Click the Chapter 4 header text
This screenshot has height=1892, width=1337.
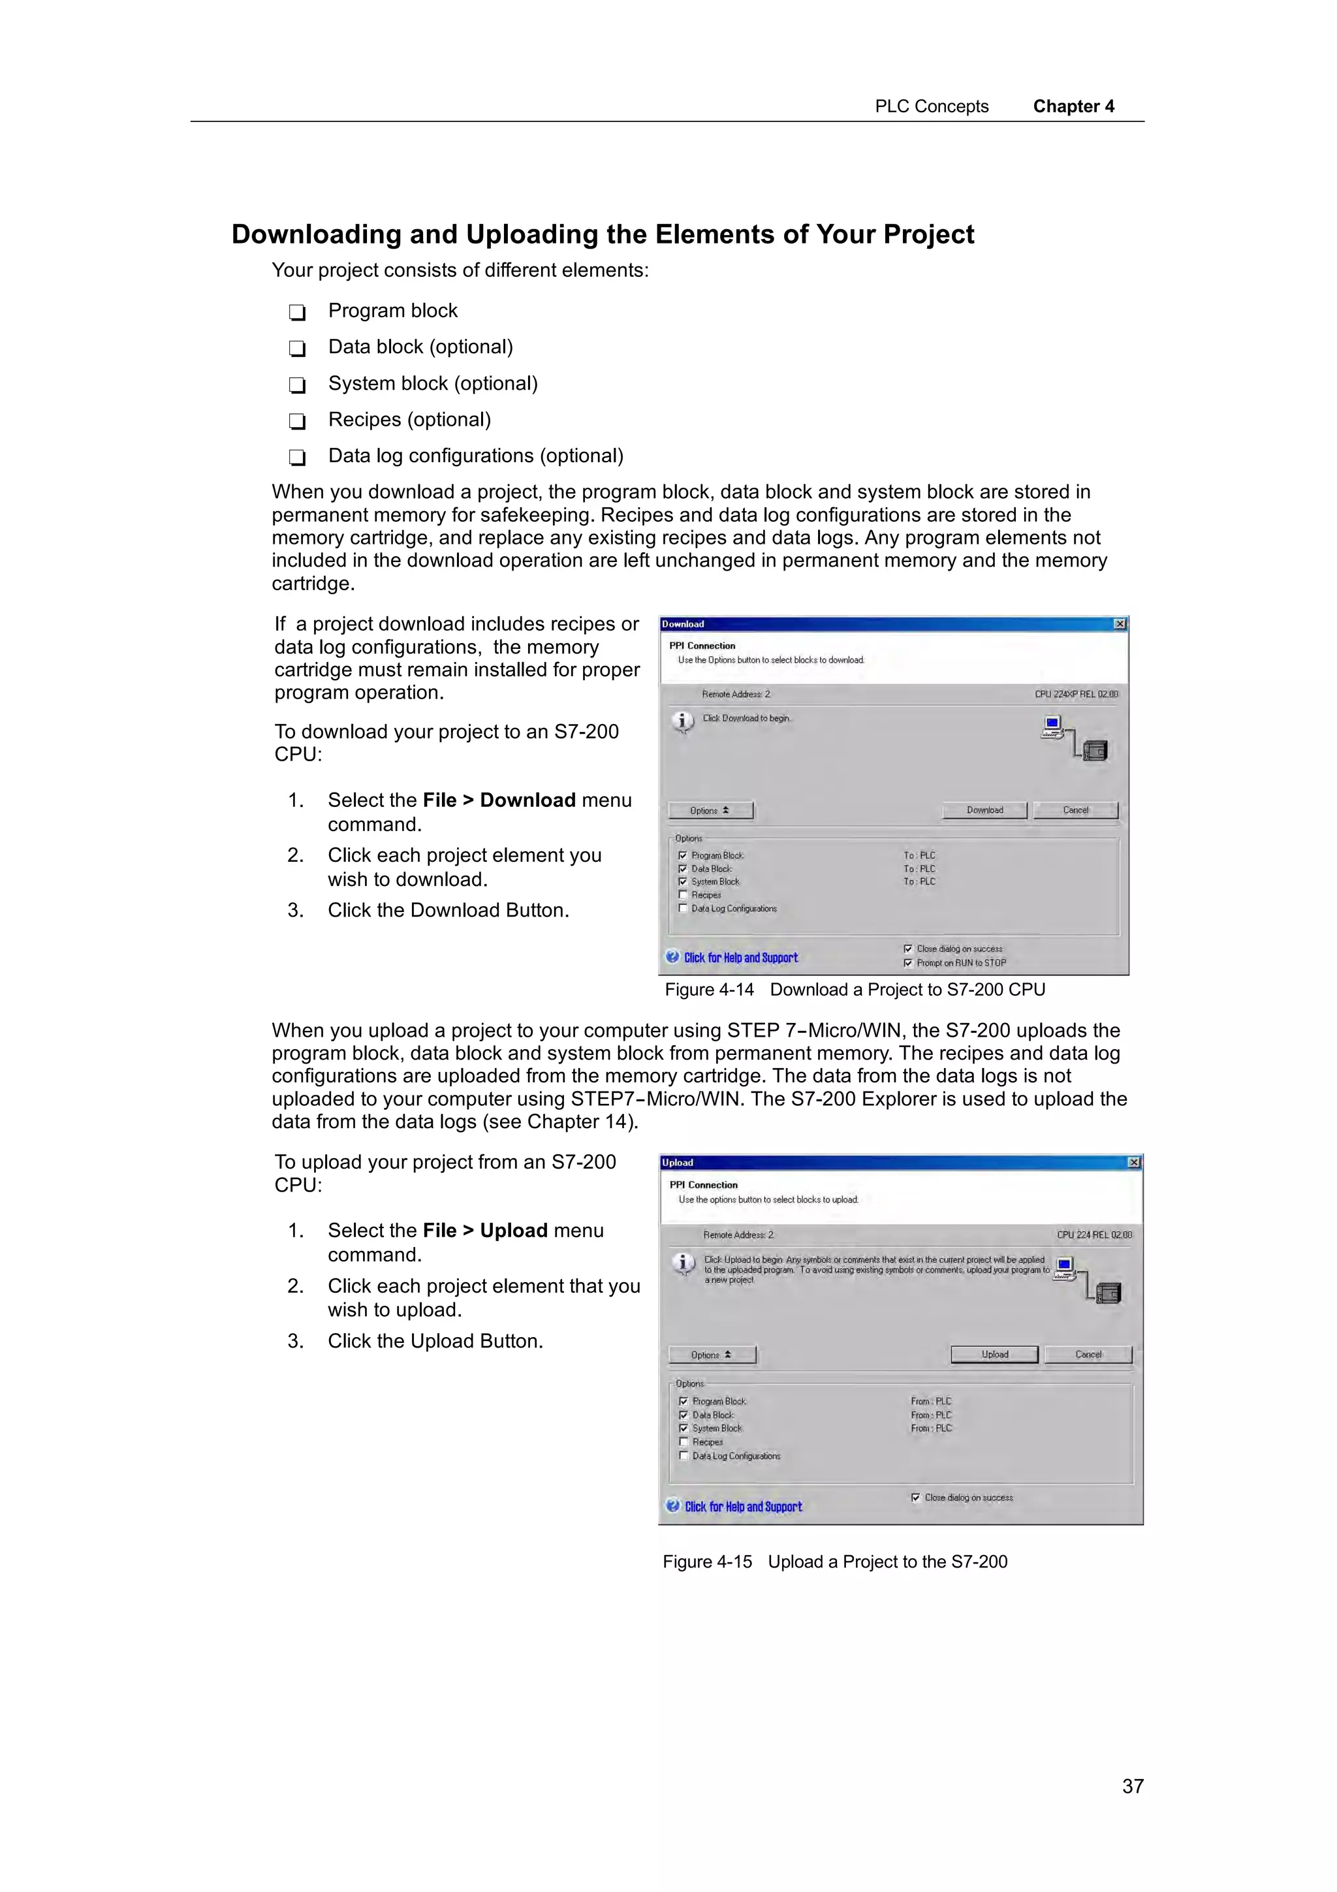1073,106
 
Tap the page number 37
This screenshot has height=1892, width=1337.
1133,1786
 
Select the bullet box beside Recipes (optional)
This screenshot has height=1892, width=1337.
298,421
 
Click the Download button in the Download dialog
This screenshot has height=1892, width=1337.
984,810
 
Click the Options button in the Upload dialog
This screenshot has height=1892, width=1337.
711,1355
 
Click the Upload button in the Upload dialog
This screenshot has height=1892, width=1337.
994,1354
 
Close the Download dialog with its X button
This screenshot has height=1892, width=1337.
1120,623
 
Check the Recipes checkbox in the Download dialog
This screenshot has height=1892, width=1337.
682,895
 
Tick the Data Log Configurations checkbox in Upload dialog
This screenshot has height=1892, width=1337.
683,1456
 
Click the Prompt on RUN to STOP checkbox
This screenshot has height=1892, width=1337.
908,962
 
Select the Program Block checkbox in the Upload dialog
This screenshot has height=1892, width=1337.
683,1401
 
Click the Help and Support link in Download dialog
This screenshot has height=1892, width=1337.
740,958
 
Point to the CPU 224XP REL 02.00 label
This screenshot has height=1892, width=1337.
1076,694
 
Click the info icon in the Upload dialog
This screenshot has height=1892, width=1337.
683,1263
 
